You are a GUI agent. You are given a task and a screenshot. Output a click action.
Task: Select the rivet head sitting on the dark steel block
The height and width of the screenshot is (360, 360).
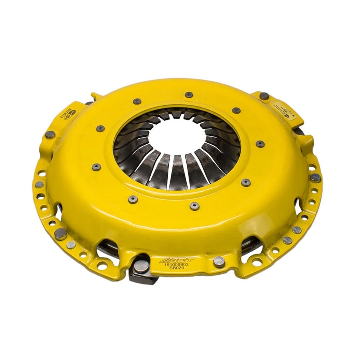[141, 265]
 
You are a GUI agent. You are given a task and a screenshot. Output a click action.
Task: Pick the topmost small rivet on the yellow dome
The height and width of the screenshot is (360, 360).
[189, 94]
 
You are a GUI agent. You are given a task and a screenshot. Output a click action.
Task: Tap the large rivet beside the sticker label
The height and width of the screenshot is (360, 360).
[264, 96]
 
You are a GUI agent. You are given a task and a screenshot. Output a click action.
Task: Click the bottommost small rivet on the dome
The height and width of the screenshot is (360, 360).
[194, 205]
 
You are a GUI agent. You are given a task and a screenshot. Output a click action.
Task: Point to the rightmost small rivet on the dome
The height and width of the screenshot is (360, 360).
[260, 144]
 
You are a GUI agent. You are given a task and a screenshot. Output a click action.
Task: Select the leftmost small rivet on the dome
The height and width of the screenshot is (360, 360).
[96, 167]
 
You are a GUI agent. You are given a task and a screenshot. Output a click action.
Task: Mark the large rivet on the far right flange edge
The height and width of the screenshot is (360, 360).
[315, 177]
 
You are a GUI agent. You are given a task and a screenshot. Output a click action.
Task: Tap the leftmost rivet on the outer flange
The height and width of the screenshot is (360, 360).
[39, 184]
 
